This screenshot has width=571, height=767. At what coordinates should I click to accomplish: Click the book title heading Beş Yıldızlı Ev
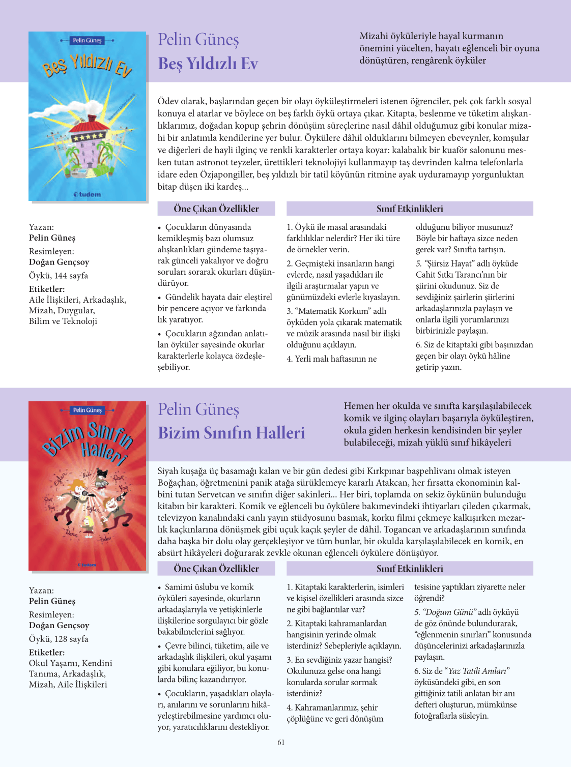coord(208,64)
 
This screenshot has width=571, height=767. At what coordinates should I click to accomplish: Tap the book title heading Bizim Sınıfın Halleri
coord(231,433)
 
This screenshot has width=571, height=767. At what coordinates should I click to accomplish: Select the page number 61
coord(281,742)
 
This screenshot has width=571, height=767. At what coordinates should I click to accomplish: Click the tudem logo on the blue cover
coord(87,194)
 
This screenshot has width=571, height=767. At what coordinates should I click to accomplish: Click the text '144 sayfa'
coord(71,276)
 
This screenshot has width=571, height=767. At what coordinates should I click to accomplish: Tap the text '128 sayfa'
coord(71,639)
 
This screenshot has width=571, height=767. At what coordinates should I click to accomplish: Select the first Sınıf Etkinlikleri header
coord(410,209)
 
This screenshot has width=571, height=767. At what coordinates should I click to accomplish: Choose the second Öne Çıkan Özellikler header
coord(216,569)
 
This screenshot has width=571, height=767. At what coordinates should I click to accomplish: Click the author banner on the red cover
coord(87,410)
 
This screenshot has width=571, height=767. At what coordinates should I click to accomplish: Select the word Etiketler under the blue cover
coord(47,289)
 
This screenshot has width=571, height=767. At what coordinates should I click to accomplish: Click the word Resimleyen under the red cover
coord(51,614)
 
